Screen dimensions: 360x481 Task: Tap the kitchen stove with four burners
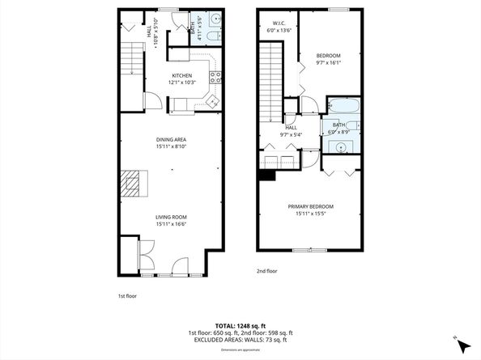point(216,78)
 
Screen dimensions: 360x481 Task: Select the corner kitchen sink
point(212,101)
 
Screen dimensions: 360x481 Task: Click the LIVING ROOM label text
point(171,216)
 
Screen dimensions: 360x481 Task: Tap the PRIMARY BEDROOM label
point(310,206)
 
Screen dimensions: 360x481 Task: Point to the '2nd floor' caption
point(266,270)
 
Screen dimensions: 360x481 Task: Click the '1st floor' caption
point(127,296)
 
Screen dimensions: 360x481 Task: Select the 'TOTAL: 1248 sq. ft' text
point(240,325)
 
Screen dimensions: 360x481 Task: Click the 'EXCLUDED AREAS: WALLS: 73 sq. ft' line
point(240,340)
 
